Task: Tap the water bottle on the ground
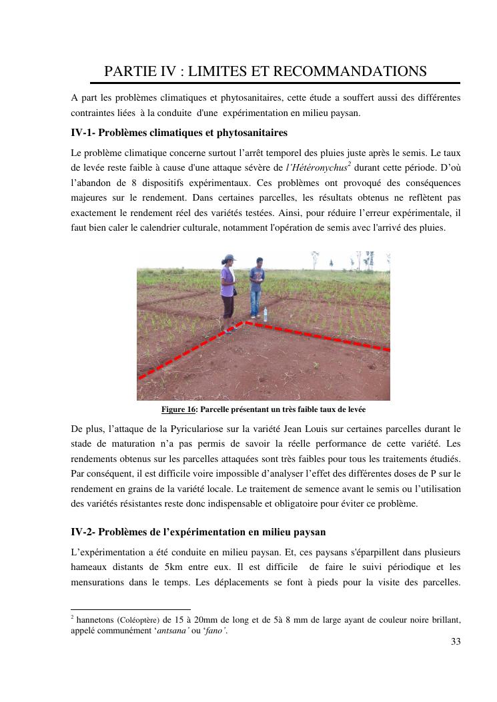coord(266,314)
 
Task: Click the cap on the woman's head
coord(229,257)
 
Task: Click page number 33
coord(456,642)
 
